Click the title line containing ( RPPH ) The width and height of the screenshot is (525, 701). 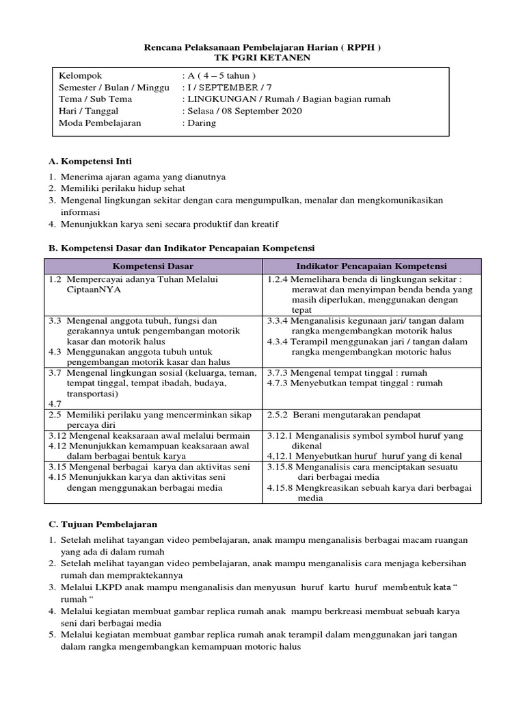[262, 47]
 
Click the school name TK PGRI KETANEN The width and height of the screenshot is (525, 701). [262, 58]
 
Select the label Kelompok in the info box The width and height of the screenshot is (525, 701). [81, 76]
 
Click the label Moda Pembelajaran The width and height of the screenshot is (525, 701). [100, 123]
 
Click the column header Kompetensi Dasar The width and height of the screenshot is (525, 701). [153, 266]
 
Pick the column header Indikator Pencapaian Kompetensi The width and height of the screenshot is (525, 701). [371, 266]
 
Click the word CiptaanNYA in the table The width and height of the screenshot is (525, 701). [91, 290]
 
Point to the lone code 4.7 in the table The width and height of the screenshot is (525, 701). [55, 404]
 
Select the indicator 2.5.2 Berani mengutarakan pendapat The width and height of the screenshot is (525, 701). [344, 415]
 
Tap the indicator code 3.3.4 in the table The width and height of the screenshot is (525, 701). [279, 320]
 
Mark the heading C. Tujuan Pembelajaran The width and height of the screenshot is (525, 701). [103, 524]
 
